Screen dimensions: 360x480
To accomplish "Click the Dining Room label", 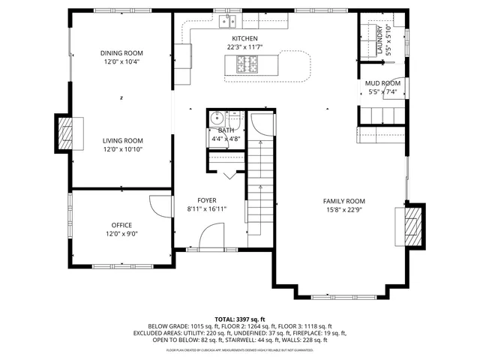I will coord(121,53).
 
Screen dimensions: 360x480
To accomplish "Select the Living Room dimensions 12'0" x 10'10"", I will coord(122,149).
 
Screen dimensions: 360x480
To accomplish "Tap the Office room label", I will coord(121,224).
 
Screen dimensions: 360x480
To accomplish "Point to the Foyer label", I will coord(206,200).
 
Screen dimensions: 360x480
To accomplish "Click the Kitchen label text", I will coord(244,38).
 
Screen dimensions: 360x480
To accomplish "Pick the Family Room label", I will coord(343,201).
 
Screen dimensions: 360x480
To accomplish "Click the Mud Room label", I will coord(382,83).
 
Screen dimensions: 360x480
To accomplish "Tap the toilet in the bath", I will coord(216,117).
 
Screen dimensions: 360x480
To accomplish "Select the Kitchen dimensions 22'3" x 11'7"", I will coord(244,46).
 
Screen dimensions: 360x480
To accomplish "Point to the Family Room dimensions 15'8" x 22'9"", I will coord(343,210).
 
